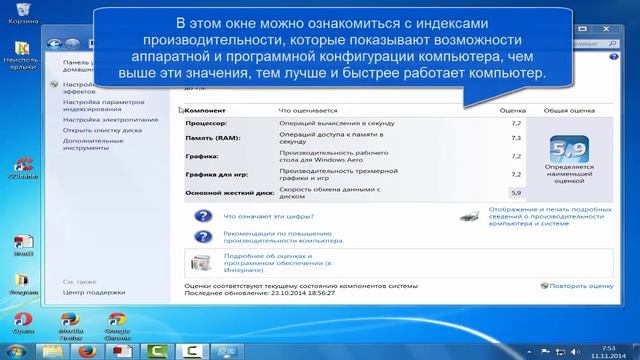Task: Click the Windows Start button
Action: (x=14, y=349)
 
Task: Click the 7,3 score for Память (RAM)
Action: (x=516, y=138)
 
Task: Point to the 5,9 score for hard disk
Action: (x=516, y=192)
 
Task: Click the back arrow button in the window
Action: (x=54, y=44)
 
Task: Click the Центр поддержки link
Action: (x=89, y=294)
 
